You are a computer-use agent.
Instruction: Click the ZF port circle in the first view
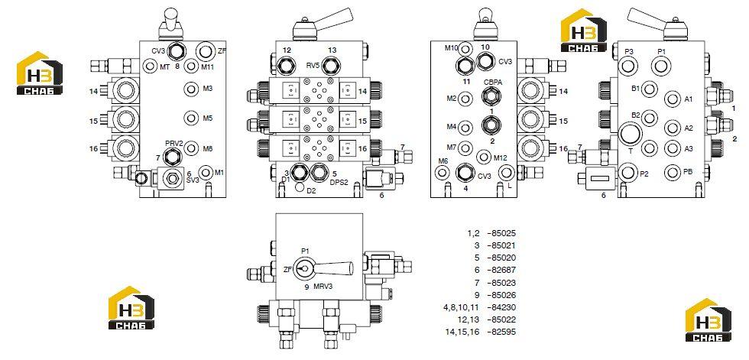pyautogui.click(x=206, y=50)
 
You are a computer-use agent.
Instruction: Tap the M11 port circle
pyautogui.click(x=192, y=66)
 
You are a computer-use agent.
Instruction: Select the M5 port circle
pyautogui.click(x=192, y=118)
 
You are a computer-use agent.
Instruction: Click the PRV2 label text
pyautogui.click(x=174, y=143)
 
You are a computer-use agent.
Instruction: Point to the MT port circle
pyautogui.click(x=151, y=66)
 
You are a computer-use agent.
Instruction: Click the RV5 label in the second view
pyautogui.click(x=313, y=64)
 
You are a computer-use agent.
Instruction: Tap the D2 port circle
pyautogui.click(x=300, y=187)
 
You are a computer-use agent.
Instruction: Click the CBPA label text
pyautogui.click(x=492, y=82)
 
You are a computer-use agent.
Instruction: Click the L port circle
pyautogui.click(x=506, y=172)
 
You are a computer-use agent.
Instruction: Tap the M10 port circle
pyautogui.click(x=465, y=48)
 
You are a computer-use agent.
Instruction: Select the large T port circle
pyautogui.click(x=631, y=133)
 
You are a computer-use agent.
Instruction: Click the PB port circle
pyautogui.click(x=672, y=171)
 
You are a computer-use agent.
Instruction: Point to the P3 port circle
pyautogui.click(x=627, y=65)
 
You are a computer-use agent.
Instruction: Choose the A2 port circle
pyautogui.click(x=672, y=128)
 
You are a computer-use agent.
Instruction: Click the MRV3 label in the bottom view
pyautogui.click(x=323, y=287)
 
